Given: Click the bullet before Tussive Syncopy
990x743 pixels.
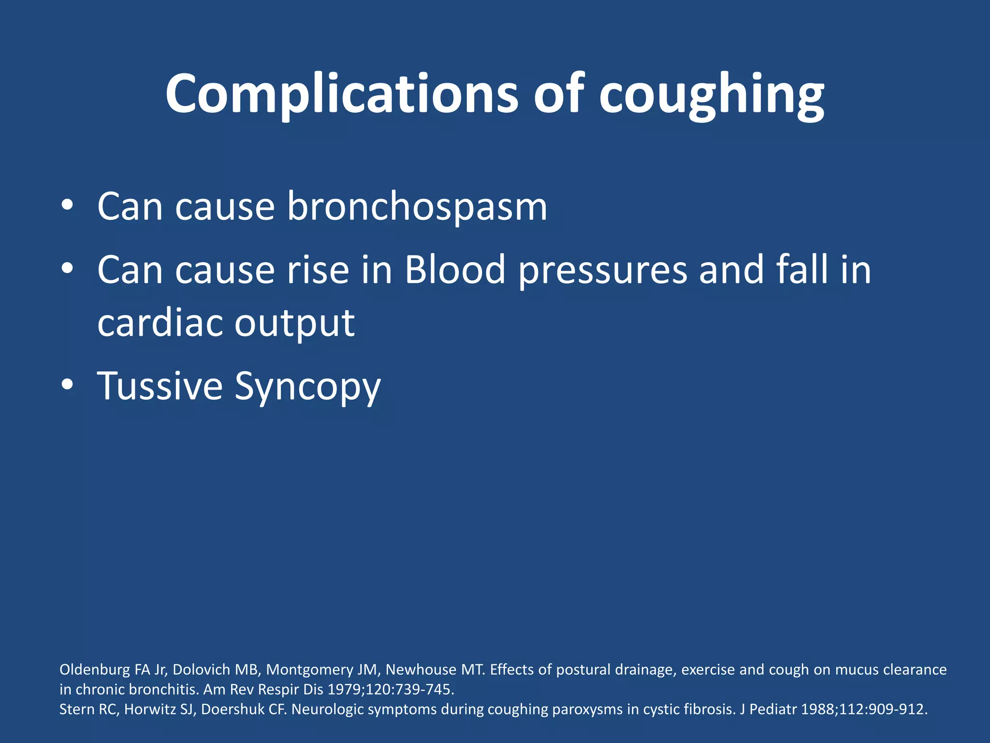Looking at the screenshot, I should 67,385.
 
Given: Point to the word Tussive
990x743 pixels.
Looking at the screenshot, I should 160,386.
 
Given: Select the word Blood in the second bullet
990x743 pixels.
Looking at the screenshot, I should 455,269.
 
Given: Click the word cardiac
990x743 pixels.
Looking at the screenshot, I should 160,323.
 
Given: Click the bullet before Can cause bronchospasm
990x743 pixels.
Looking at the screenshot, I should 67,206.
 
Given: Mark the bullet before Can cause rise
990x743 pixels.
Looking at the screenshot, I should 67,268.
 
